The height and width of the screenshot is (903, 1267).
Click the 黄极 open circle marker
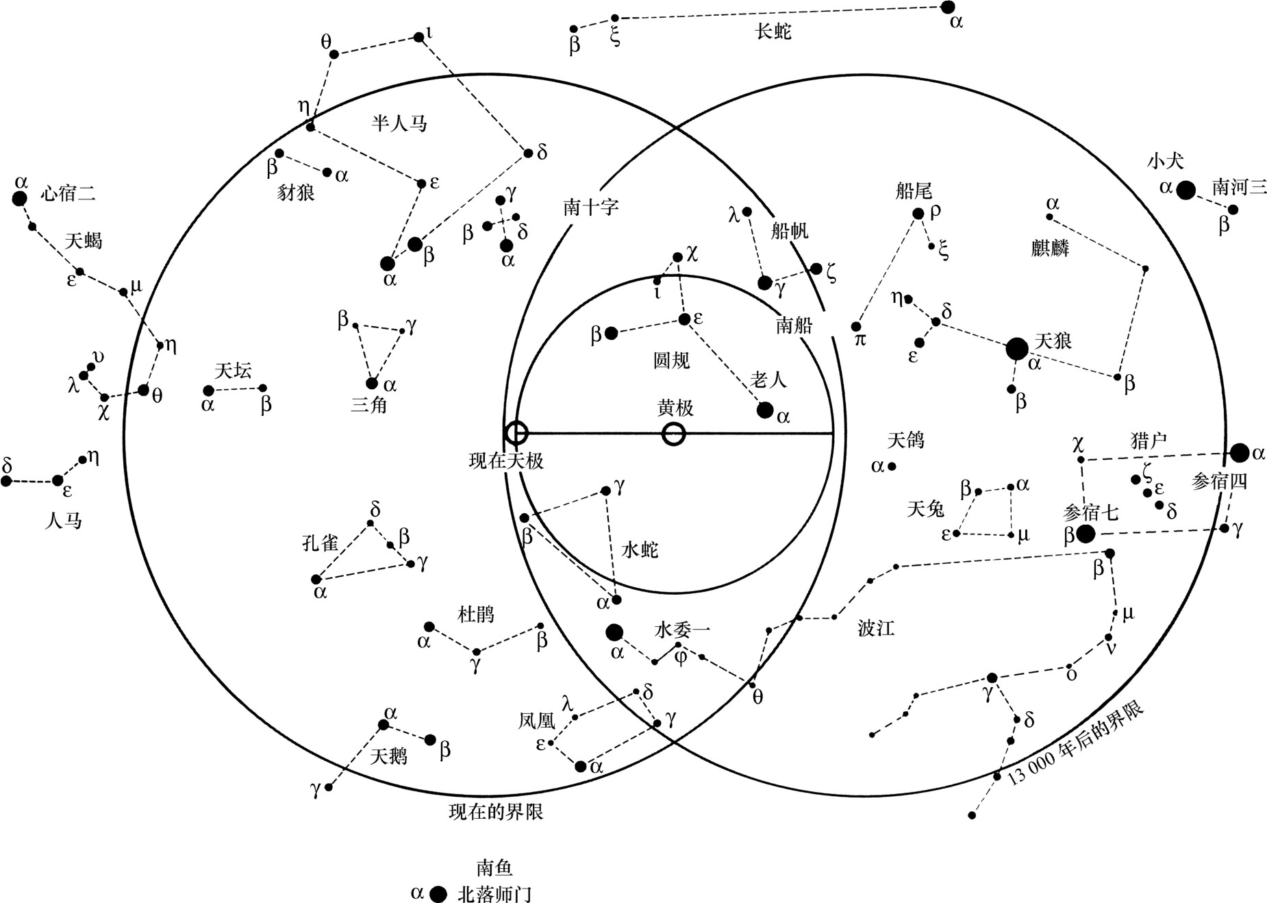(674, 434)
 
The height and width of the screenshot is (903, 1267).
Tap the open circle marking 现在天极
(516, 433)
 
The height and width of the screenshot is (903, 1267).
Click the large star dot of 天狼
(1017, 349)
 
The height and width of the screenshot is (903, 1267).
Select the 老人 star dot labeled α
(765, 410)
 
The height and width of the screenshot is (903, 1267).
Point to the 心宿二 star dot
(20, 199)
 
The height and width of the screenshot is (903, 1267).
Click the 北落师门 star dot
(438, 893)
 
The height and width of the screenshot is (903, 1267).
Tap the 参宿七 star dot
(1085, 534)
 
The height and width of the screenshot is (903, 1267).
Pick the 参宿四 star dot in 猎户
(1239, 452)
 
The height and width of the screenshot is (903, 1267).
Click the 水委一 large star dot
(614, 632)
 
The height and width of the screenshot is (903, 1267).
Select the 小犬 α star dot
(1186, 190)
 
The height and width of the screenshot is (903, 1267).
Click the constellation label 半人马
(399, 123)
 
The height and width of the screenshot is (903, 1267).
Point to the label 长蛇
(774, 31)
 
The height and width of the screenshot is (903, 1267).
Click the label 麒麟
(1050, 247)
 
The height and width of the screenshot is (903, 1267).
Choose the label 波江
(876, 628)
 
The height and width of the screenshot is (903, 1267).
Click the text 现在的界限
(496, 812)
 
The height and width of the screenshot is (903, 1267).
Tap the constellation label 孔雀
(321, 543)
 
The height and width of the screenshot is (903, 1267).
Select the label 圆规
(671, 360)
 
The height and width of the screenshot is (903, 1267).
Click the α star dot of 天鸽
(892, 467)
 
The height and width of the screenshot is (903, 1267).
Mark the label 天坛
(234, 371)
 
